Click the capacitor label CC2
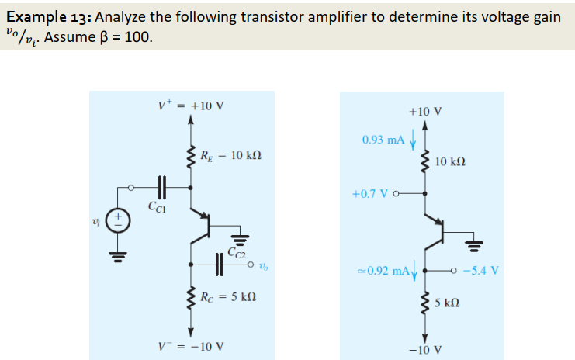pyautogui.click(x=238, y=250)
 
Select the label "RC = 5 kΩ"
pyautogui.click(x=228, y=297)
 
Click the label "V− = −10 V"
pyautogui.click(x=190, y=345)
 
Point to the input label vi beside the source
pyautogui.click(x=97, y=222)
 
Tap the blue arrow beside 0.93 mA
pyautogui.click(x=414, y=140)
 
